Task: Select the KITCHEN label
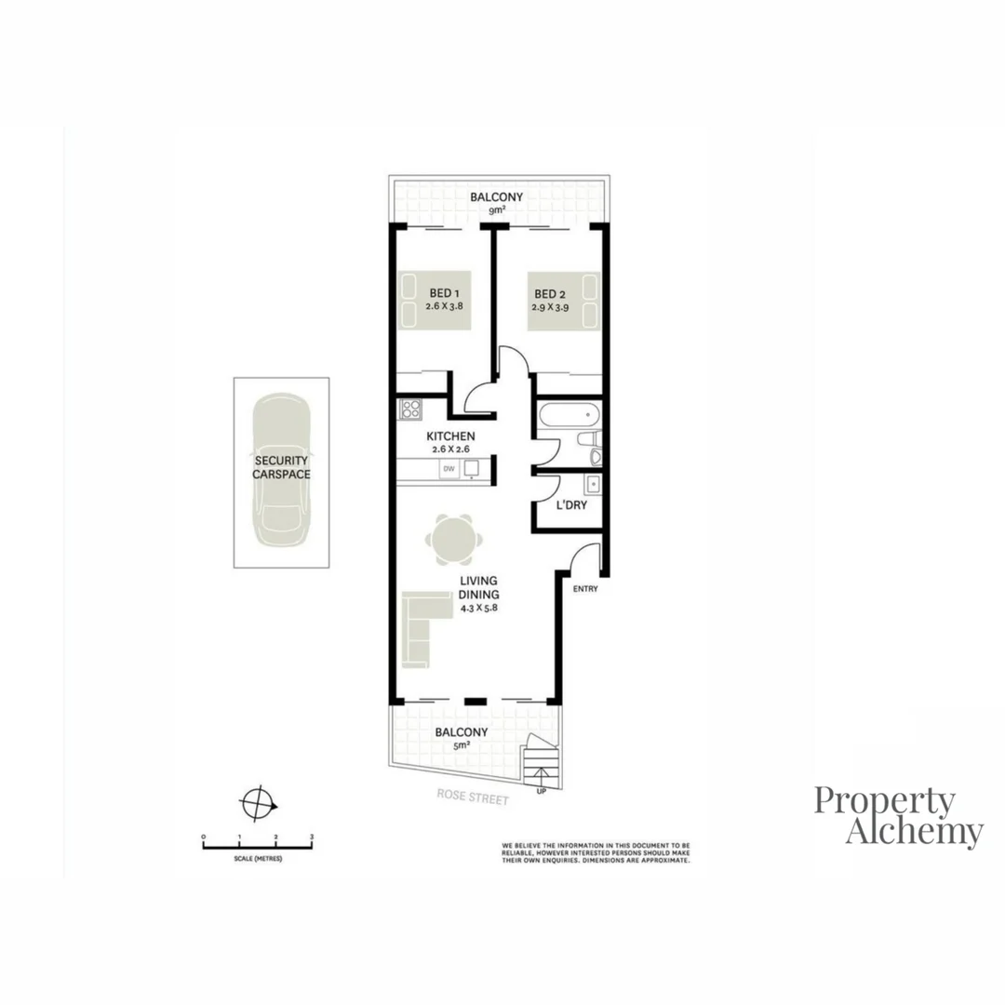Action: pyautogui.click(x=450, y=436)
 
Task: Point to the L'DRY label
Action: pyautogui.click(x=571, y=506)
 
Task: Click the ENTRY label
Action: pyautogui.click(x=585, y=589)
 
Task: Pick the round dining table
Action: pyautogui.click(x=454, y=539)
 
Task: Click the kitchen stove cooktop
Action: pyautogui.click(x=410, y=410)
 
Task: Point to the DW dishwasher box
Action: pyautogui.click(x=449, y=469)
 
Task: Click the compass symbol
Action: pyautogui.click(x=258, y=801)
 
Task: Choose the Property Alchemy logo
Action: pyautogui.click(x=899, y=816)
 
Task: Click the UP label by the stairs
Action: pyautogui.click(x=541, y=792)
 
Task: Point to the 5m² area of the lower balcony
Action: pyautogui.click(x=462, y=745)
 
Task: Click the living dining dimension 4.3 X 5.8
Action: pyautogui.click(x=479, y=610)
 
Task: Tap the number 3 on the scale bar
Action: pyautogui.click(x=311, y=837)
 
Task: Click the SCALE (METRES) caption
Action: pyautogui.click(x=259, y=858)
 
